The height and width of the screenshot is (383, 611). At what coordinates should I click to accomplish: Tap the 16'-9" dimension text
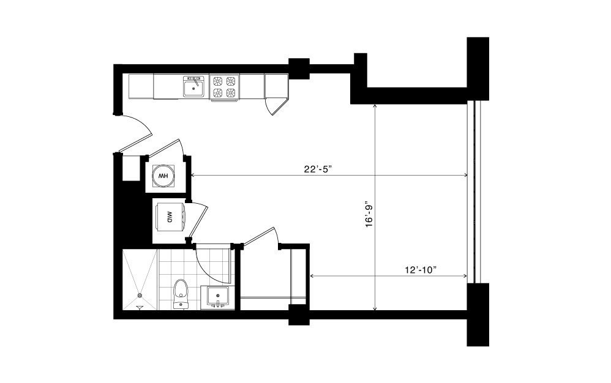click(369, 214)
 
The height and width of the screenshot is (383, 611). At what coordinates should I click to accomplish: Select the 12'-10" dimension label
click(420, 270)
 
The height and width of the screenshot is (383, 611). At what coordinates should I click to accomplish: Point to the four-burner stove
click(225, 87)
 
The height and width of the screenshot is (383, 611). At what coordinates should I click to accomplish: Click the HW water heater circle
click(163, 176)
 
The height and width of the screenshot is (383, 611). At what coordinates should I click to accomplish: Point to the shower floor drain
click(139, 296)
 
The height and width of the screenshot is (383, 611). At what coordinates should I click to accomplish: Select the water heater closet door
click(166, 148)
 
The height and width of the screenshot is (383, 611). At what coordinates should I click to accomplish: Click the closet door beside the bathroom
click(258, 236)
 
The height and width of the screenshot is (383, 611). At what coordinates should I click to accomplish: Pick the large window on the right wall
click(474, 193)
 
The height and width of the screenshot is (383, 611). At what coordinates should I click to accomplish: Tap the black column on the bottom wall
click(299, 314)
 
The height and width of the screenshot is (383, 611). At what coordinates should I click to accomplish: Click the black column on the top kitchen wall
click(299, 69)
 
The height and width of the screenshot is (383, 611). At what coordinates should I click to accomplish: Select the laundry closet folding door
click(198, 220)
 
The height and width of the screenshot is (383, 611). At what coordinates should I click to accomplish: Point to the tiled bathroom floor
click(195, 269)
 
